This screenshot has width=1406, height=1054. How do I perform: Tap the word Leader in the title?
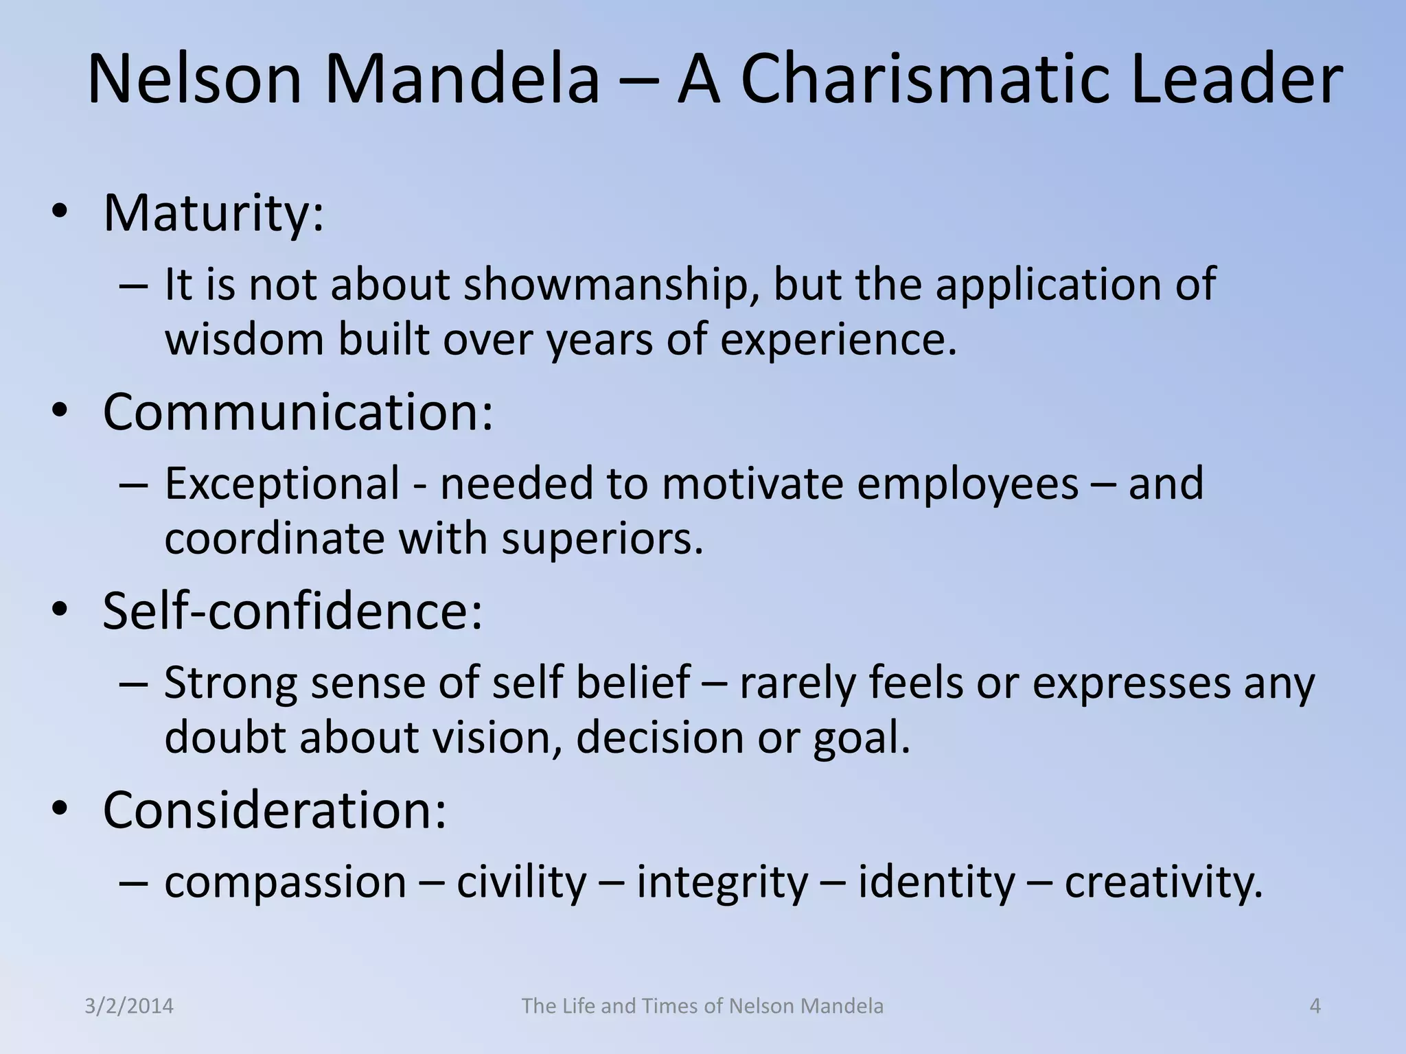[x=1236, y=80]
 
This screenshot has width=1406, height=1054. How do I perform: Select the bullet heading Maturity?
[x=213, y=213]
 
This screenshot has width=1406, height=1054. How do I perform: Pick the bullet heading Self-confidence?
[x=292, y=611]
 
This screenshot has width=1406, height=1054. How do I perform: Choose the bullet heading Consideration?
[x=275, y=810]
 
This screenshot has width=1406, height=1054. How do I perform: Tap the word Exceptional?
[x=281, y=483]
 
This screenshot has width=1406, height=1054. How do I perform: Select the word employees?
[x=967, y=484]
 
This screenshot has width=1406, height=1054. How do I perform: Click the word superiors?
[x=602, y=539]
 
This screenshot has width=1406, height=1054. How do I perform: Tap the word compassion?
[x=286, y=883]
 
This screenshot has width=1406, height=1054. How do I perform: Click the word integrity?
[x=722, y=883]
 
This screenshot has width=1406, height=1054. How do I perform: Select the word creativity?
[x=1164, y=883]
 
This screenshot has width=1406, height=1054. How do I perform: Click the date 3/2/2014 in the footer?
[x=129, y=1006]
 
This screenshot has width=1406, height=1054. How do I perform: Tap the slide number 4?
[x=1315, y=1006]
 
